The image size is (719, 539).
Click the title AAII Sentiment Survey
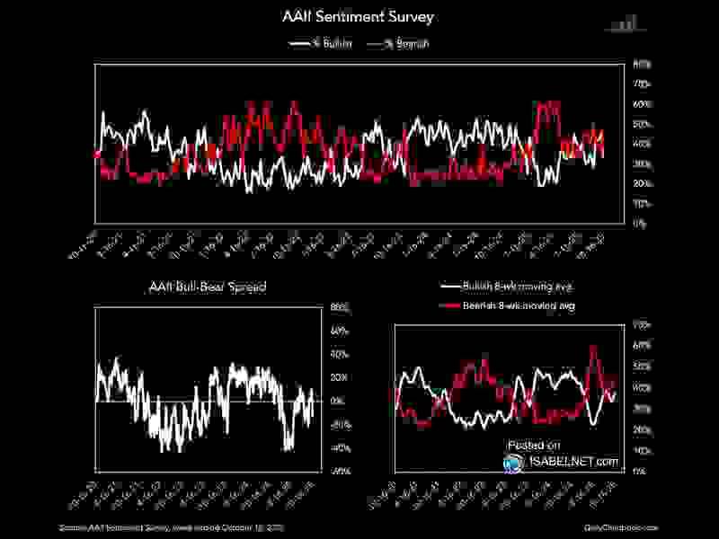click(x=359, y=16)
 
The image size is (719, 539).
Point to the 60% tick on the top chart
click(x=643, y=104)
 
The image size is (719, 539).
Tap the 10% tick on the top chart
click(x=643, y=204)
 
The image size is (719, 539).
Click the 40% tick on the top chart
click(x=643, y=144)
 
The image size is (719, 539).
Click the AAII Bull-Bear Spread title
click(x=207, y=287)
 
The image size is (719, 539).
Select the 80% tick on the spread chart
click(x=340, y=308)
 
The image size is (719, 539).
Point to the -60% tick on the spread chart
click(x=339, y=470)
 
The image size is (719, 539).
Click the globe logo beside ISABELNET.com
click(x=513, y=462)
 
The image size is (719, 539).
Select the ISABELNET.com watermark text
click(x=573, y=462)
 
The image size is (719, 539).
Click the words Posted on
click(x=534, y=445)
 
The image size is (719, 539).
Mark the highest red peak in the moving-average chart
click(x=593, y=347)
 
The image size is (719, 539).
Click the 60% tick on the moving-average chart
click(x=642, y=345)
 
